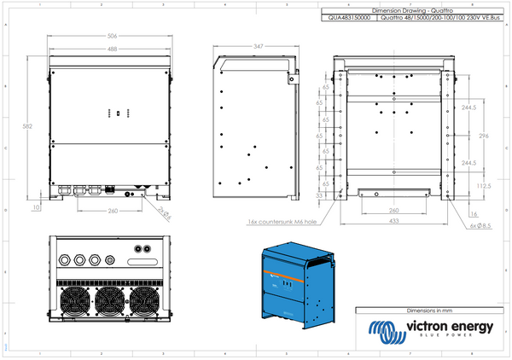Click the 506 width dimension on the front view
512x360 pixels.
tap(113, 38)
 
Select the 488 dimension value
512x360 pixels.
tap(113, 49)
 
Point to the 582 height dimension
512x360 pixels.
tap(28, 125)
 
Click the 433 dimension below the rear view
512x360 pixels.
tap(393, 222)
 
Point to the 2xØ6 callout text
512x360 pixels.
tap(164, 210)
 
